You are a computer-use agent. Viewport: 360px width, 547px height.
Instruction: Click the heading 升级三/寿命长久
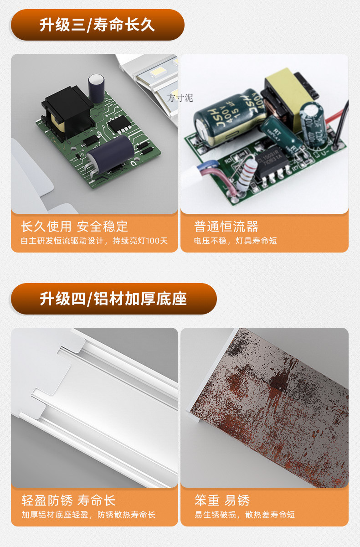(x=97, y=25)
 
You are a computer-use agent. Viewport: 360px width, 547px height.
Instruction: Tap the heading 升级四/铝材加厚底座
(x=113, y=299)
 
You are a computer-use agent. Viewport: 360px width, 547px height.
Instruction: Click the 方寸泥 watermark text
(x=180, y=98)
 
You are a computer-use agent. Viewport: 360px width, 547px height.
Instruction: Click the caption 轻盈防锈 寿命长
(x=68, y=500)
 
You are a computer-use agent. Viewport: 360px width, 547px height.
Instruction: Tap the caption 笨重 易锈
(x=222, y=500)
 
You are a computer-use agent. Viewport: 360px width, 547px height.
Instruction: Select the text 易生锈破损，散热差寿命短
(x=244, y=515)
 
